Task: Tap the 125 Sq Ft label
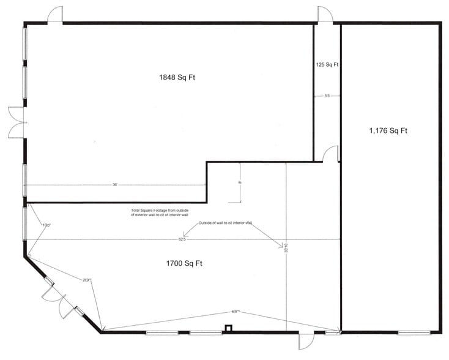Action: click(327, 64)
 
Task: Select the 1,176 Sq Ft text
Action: click(388, 130)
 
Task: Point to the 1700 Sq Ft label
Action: click(184, 264)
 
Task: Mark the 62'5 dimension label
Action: click(182, 239)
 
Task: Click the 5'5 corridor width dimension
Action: click(327, 96)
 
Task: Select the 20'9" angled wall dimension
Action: click(87, 280)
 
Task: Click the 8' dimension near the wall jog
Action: click(240, 182)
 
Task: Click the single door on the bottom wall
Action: click(304, 340)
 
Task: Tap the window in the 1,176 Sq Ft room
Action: click(414, 333)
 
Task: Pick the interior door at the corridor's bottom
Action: click(331, 154)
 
